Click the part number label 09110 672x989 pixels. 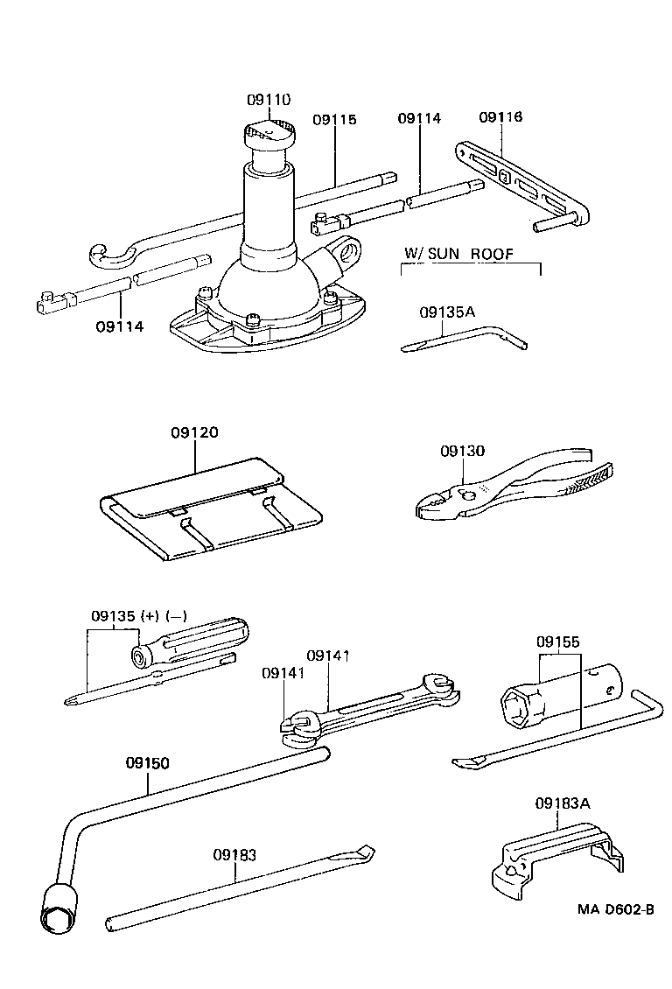(x=268, y=101)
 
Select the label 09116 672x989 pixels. (x=500, y=117)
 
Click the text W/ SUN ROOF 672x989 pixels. (x=458, y=254)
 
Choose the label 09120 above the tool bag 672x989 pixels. (x=194, y=432)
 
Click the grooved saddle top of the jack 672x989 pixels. (x=269, y=133)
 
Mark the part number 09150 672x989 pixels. (x=146, y=762)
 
